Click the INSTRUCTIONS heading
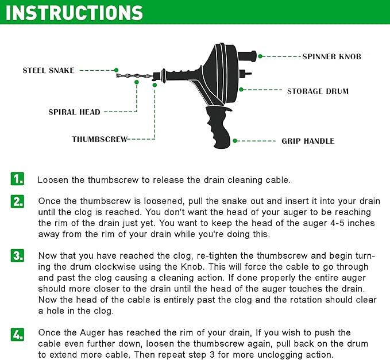[x=75, y=13]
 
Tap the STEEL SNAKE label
[x=48, y=71]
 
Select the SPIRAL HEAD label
[x=74, y=112]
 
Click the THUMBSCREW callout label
[x=99, y=139]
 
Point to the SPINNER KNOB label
[x=331, y=56]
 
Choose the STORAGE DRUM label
[x=318, y=91]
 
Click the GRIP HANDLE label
[x=307, y=141]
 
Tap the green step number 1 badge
[x=18, y=179]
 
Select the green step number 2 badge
[x=18, y=201]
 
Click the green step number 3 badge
[x=18, y=256]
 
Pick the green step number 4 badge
[x=18, y=334]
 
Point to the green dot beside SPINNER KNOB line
[x=260, y=56]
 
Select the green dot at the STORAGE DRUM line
[x=242, y=90]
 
